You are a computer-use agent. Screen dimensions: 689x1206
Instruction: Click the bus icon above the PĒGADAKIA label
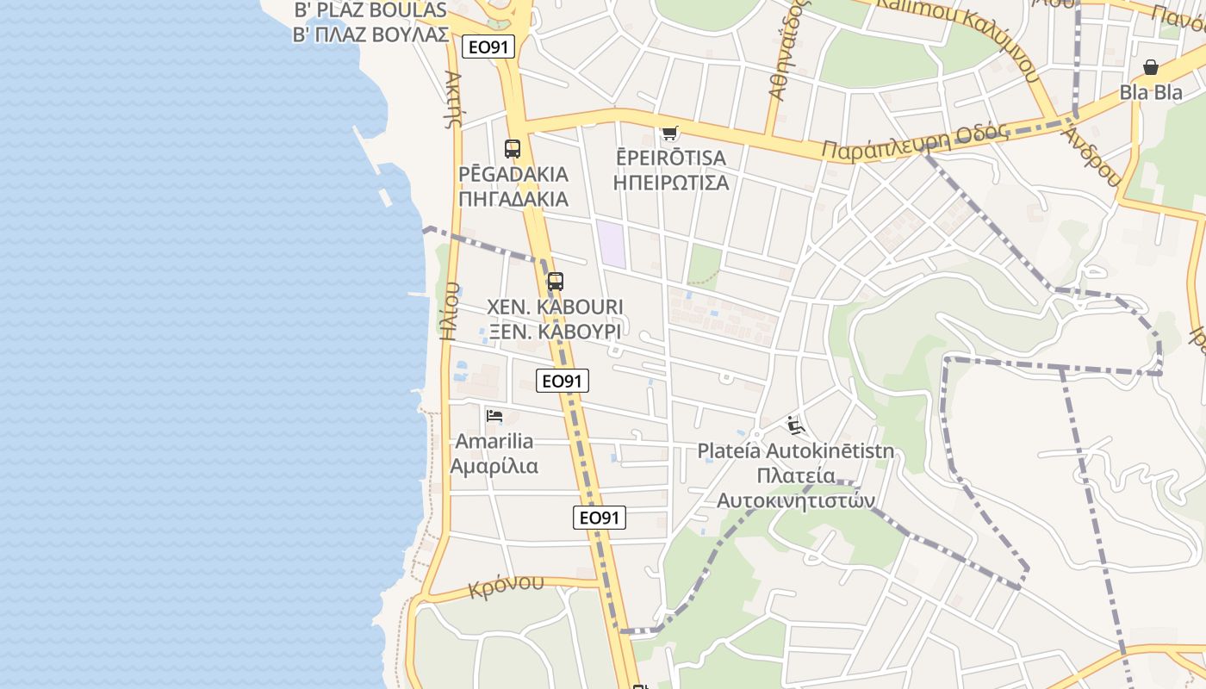(513, 148)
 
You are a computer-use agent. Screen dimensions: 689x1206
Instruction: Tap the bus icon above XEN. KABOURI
(556, 282)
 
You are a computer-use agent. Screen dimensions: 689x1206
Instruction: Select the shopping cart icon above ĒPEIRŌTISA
(669, 133)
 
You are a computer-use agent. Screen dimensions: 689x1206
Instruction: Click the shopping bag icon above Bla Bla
(1151, 67)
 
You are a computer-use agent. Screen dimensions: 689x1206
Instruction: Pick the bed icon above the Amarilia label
(494, 416)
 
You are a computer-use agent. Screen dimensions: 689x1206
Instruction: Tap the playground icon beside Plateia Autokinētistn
(796, 425)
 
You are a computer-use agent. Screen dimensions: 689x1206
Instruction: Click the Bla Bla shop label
(1151, 92)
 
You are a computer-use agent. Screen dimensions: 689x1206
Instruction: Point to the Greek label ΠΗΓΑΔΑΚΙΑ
(513, 199)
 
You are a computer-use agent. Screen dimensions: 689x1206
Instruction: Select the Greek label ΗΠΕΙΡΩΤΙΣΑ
(670, 183)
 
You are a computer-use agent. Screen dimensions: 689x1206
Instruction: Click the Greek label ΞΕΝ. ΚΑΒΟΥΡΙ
(555, 332)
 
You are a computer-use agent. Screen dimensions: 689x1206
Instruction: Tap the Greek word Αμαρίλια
(494, 467)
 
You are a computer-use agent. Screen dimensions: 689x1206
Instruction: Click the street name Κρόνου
(507, 587)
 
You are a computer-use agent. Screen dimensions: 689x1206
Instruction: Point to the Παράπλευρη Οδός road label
(914, 142)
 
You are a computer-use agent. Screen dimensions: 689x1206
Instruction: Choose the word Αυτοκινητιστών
(796, 500)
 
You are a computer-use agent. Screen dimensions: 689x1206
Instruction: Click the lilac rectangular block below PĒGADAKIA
(612, 244)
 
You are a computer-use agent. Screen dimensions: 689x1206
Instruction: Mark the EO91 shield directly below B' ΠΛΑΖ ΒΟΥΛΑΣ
(488, 47)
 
